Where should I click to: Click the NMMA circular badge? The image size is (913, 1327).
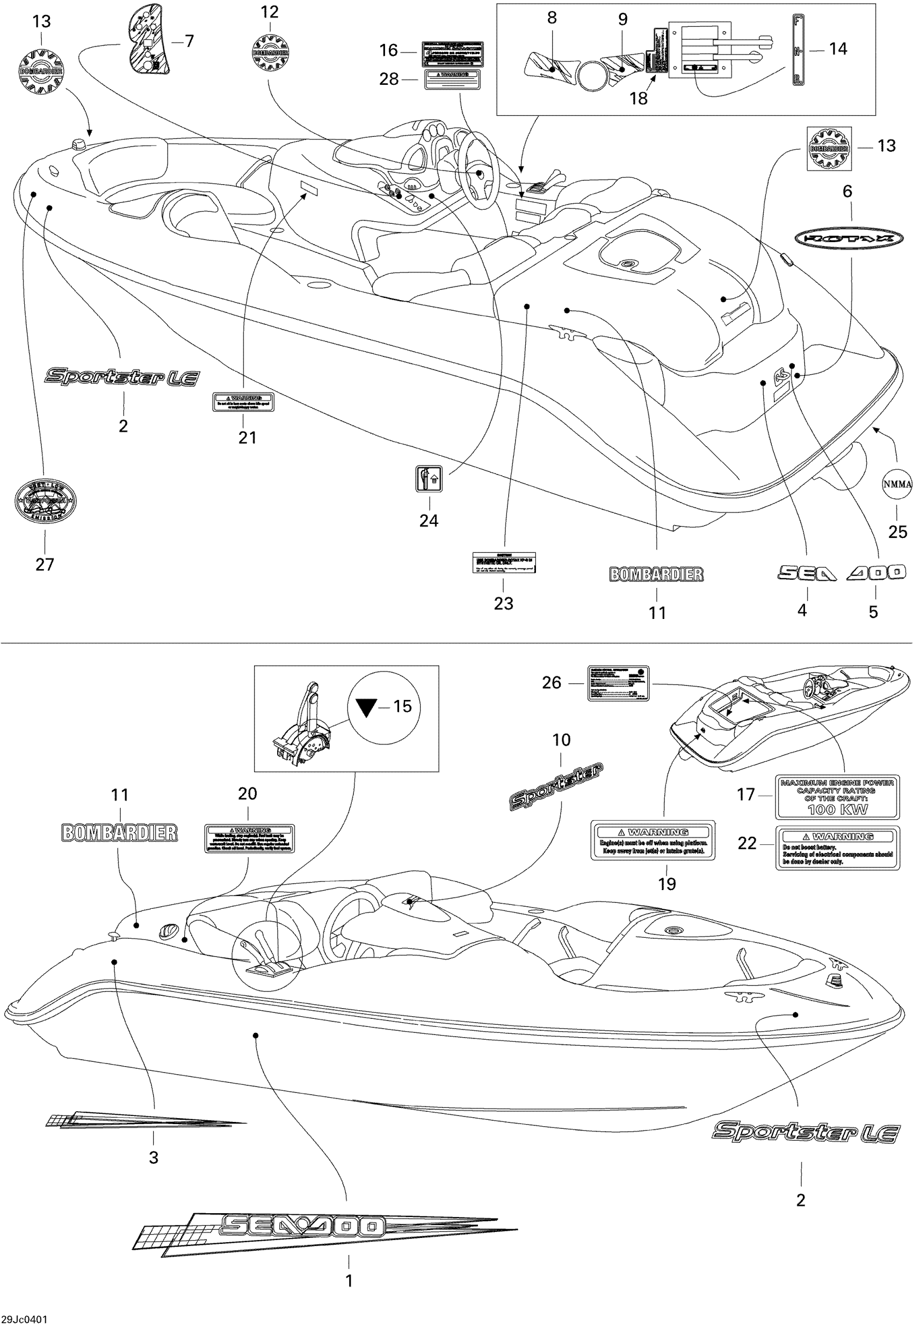click(896, 484)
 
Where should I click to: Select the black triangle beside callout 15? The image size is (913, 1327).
click(366, 707)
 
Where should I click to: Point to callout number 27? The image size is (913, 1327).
click(45, 564)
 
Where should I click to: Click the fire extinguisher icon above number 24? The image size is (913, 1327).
click(429, 478)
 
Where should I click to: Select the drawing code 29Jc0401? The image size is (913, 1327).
click(24, 1319)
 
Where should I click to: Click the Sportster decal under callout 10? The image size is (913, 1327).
click(555, 788)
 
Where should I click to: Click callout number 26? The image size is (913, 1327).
click(552, 683)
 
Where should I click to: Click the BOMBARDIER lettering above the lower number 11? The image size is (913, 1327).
click(119, 833)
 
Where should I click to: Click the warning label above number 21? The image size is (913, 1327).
click(244, 402)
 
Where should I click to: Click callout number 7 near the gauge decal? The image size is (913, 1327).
click(189, 41)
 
